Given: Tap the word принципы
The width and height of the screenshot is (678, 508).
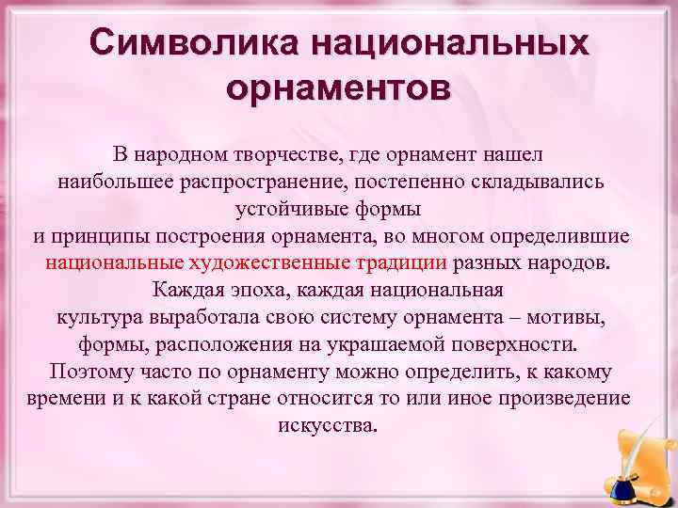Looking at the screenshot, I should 105,233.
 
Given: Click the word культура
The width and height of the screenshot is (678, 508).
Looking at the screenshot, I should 93,315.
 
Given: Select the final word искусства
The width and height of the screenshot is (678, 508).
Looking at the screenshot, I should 328,424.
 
